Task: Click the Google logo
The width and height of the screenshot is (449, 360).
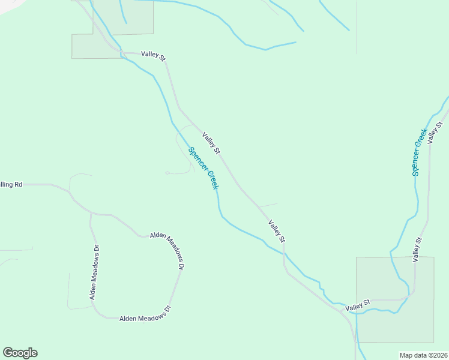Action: pyautogui.click(x=20, y=353)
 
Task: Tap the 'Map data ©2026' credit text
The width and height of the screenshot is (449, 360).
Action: pyautogui.click(x=423, y=355)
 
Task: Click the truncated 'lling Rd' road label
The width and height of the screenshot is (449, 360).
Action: pyautogui.click(x=11, y=184)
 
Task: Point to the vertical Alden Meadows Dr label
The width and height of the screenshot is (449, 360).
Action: pyautogui.click(x=94, y=272)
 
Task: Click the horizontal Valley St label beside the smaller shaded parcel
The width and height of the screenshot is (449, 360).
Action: pyautogui.click(x=152, y=55)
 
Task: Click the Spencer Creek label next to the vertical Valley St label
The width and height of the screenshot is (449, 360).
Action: pyautogui.click(x=419, y=152)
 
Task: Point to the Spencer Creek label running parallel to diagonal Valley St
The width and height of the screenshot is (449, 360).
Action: pyautogui.click(x=203, y=169)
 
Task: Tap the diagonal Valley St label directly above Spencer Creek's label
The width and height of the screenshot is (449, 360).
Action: pyautogui.click(x=211, y=142)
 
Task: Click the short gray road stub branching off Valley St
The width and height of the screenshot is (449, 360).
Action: pyautogui.click(x=268, y=205)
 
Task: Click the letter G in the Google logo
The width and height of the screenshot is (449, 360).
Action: pyautogui.click(x=8, y=353)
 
